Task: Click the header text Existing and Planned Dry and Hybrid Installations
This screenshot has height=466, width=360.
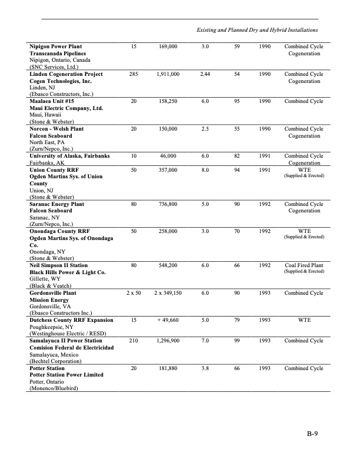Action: [257, 29]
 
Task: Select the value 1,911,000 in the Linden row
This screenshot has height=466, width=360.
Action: [168, 74]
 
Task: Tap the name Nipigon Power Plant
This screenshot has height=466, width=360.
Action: [56, 46]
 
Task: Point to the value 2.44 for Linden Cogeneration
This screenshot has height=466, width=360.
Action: [205, 74]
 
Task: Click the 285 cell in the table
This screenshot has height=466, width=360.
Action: [135, 74]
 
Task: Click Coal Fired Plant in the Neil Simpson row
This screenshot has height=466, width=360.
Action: [304, 265]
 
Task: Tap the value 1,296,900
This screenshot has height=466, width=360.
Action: [168, 341]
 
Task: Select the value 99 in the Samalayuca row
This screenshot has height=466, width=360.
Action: [236, 341]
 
